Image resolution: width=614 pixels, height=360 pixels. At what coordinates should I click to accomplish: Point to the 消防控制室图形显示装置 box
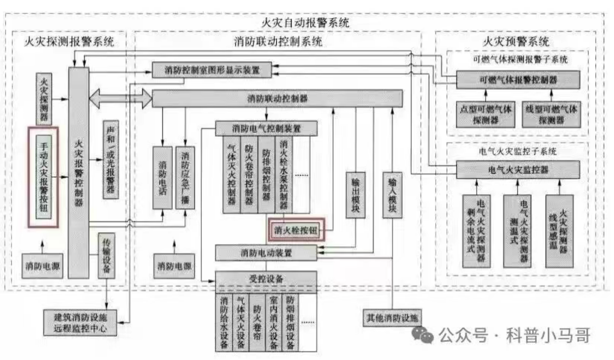pos(212,70)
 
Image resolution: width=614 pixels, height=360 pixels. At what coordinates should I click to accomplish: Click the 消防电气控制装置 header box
pos(266,127)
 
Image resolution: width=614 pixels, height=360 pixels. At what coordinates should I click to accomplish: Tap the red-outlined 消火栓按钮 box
pos(295,230)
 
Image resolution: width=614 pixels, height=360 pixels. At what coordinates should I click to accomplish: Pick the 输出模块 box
pos(356,195)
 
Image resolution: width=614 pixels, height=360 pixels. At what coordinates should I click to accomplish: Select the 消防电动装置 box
pos(266,253)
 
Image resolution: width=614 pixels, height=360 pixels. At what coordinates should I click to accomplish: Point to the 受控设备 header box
pos(266,279)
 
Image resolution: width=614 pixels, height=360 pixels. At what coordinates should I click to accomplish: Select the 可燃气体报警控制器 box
pos(518,80)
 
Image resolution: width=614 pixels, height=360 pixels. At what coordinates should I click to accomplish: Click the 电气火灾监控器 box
pos(518,170)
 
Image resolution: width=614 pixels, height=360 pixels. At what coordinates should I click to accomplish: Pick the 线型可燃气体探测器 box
pos(551,114)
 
